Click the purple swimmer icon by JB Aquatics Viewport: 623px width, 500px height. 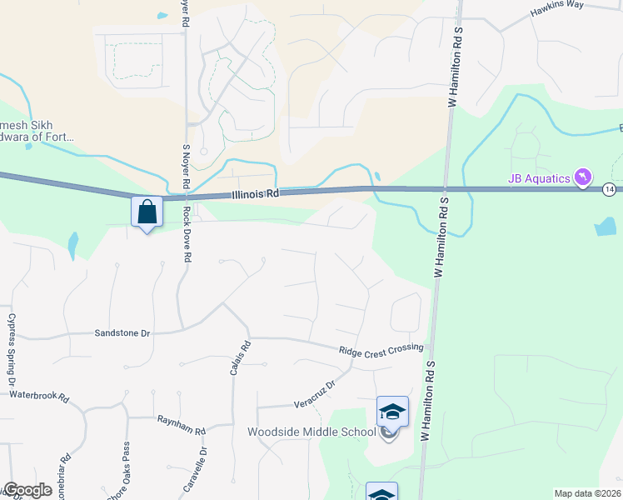coord(584,177)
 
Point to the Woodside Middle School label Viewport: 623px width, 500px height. coord(311,432)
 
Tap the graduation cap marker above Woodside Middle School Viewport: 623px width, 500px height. coord(392,412)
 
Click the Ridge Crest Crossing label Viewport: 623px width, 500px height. coord(381,348)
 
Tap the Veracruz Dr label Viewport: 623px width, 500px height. coord(314,395)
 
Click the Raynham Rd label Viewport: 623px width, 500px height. coord(181,424)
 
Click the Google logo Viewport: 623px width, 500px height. coord(27,490)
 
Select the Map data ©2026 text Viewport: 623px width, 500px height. coord(586,493)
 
